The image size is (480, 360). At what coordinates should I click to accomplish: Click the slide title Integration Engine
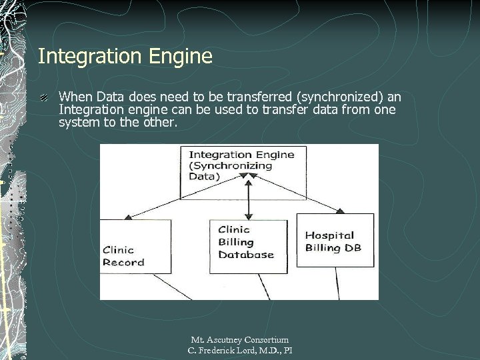[125, 56]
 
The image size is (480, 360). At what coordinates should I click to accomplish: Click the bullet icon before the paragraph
[43, 97]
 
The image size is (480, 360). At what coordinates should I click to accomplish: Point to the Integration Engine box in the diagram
[243, 172]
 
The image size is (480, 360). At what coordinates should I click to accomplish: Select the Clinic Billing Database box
[249, 243]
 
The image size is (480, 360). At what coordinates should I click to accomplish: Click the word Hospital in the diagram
[329, 235]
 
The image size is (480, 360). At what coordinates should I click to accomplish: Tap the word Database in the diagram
[246, 255]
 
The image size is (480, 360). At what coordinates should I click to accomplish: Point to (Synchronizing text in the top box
[230, 165]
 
